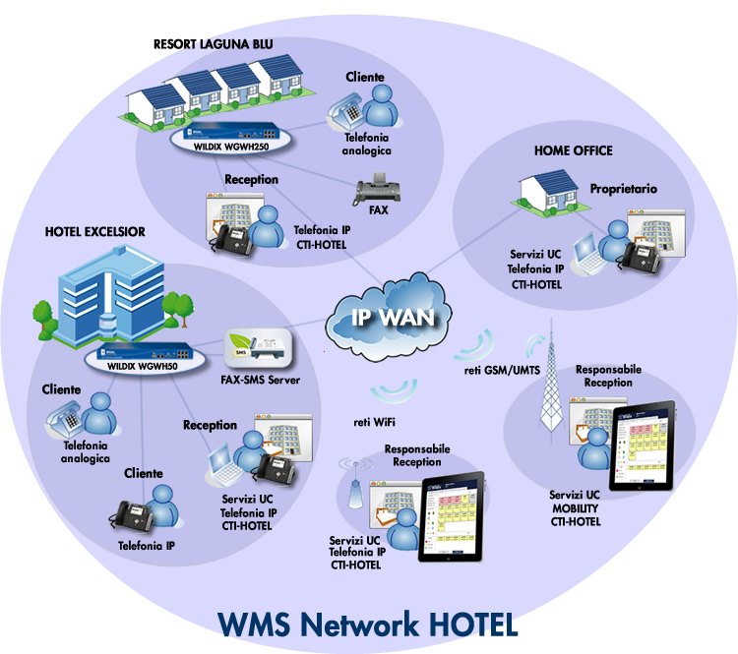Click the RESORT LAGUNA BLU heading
point(214,43)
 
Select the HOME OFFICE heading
point(573,150)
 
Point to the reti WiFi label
point(375,422)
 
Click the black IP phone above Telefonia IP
point(133,515)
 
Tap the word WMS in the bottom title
point(264,624)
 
